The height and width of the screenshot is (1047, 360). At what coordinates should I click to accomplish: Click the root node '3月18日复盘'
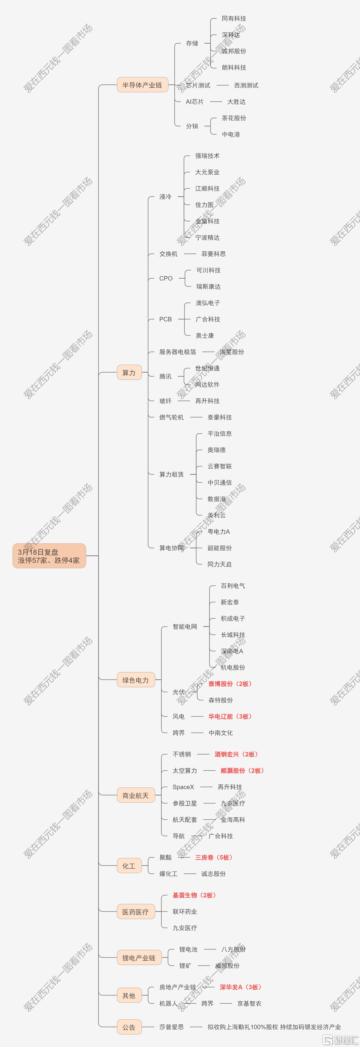tap(49, 556)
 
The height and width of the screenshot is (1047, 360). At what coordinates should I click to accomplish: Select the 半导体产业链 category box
tap(142, 85)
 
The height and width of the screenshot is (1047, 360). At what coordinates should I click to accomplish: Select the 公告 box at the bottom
tap(129, 1027)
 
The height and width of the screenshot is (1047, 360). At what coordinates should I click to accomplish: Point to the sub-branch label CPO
tap(166, 278)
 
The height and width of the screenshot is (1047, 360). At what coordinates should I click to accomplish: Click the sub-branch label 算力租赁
tap(171, 474)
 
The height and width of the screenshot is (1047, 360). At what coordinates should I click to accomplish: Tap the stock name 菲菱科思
tap(213, 254)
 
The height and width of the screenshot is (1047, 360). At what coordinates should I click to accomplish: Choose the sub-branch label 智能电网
tap(185, 626)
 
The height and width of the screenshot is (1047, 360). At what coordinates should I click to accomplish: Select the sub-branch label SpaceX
tap(183, 787)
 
